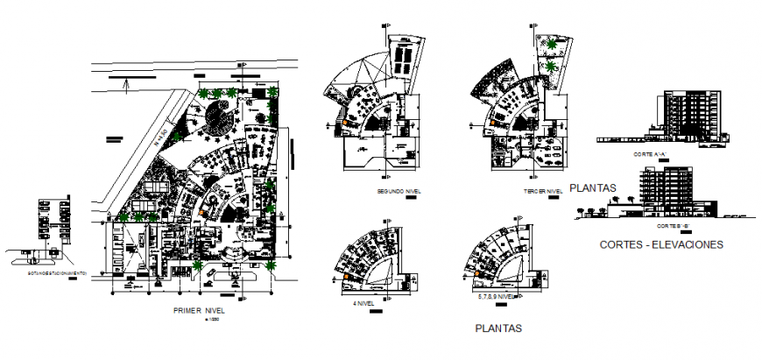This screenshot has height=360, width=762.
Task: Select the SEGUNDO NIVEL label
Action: pyautogui.click(x=399, y=190)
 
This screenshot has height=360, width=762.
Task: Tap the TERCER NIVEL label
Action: pyautogui.click(x=543, y=190)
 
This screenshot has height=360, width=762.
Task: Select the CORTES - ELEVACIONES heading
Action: pyautogui.click(x=661, y=244)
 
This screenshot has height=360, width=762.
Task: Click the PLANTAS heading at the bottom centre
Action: pyautogui.click(x=498, y=328)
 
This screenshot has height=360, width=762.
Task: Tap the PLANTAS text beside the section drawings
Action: pyautogui.click(x=593, y=187)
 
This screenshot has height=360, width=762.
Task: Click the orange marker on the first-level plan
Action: pyautogui.click(x=203, y=210)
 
